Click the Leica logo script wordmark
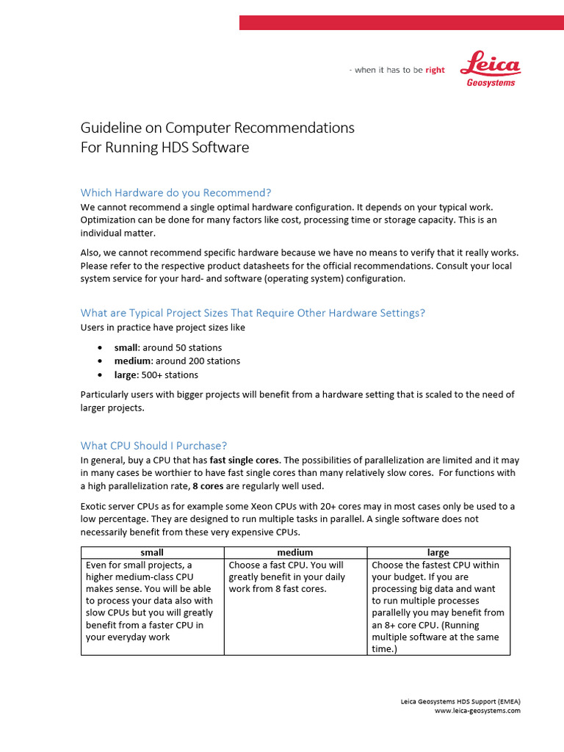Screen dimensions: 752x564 (491, 65)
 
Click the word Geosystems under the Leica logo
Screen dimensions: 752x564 (491, 83)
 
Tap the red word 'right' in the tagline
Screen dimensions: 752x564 (435, 70)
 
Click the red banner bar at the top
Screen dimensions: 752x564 (401, 23)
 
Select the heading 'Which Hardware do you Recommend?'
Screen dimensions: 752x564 (176, 192)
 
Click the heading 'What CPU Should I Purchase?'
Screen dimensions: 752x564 (153, 445)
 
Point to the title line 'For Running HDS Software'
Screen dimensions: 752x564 (164, 148)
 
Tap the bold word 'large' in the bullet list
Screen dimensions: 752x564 (126, 375)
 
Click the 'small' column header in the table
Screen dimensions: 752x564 (152, 552)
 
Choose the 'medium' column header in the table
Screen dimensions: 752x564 (295, 552)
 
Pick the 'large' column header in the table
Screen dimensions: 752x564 (438, 552)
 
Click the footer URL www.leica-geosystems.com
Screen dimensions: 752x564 (477, 711)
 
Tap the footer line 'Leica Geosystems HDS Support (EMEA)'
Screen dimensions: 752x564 (460, 701)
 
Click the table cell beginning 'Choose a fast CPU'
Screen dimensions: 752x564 (295, 577)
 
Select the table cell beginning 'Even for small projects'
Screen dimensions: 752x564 (152, 601)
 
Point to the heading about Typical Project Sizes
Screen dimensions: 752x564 (253, 313)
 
